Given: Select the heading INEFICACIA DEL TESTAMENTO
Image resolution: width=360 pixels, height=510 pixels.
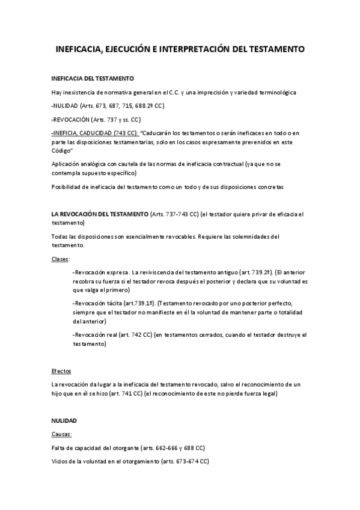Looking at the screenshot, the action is pos(93,79).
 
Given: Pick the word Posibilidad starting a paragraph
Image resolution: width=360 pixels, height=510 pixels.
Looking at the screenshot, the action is pos(69,187).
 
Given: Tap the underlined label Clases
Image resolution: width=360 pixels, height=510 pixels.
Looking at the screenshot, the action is pos(61,259).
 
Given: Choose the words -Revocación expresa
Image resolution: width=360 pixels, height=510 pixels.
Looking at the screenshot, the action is pos(100,272).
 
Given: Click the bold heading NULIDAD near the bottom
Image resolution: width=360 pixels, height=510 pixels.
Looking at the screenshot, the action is pos(64,420).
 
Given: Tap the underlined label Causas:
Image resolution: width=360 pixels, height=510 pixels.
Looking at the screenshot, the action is pos(63,434).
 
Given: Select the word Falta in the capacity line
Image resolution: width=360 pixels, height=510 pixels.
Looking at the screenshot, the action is pos(59,448).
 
